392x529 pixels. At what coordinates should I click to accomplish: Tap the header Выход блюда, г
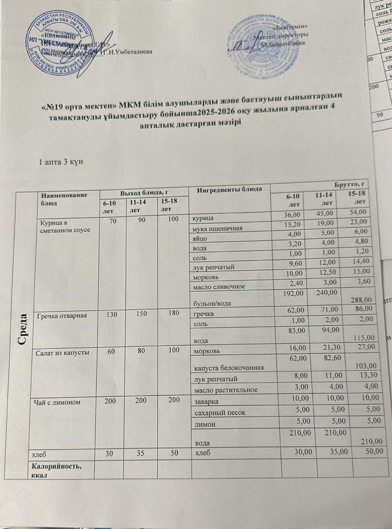pos(143,191)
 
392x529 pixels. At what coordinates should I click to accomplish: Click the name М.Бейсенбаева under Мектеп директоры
pos(280,43)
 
